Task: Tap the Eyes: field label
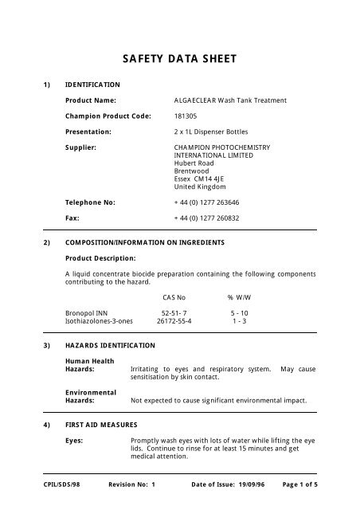click(76, 439)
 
